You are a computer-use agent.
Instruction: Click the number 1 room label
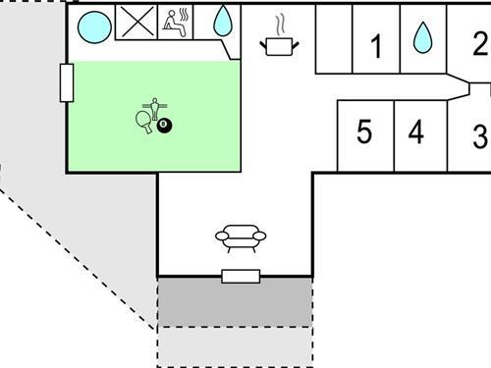pyautogui.click(x=374, y=45)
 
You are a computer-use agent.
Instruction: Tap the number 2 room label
pyautogui.click(x=479, y=43)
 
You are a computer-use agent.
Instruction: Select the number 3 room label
pyautogui.click(x=479, y=136)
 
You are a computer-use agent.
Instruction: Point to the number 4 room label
pyautogui.click(x=416, y=131)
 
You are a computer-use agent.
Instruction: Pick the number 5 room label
pyautogui.click(x=364, y=131)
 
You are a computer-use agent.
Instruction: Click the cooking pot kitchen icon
pyautogui.click(x=279, y=45)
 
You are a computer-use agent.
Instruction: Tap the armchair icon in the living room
pyautogui.click(x=241, y=238)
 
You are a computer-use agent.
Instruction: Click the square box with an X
pyautogui.click(x=136, y=23)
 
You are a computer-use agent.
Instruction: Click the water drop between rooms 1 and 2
pyautogui.click(x=422, y=38)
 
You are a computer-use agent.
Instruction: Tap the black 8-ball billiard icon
pyautogui.click(x=162, y=125)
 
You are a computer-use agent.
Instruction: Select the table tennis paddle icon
pyautogui.click(x=143, y=121)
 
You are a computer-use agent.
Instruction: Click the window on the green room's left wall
pyautogui.click(x=67, y=82)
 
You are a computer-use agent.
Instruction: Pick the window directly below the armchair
pyautogui.click(x=241, y=276)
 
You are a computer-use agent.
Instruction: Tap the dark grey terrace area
pyautogui.click(x=235, y=301)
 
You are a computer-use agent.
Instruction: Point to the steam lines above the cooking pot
pyautogui.click(x=280, y=22)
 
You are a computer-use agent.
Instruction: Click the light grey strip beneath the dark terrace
pyautogui.click(x=235, y=345)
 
